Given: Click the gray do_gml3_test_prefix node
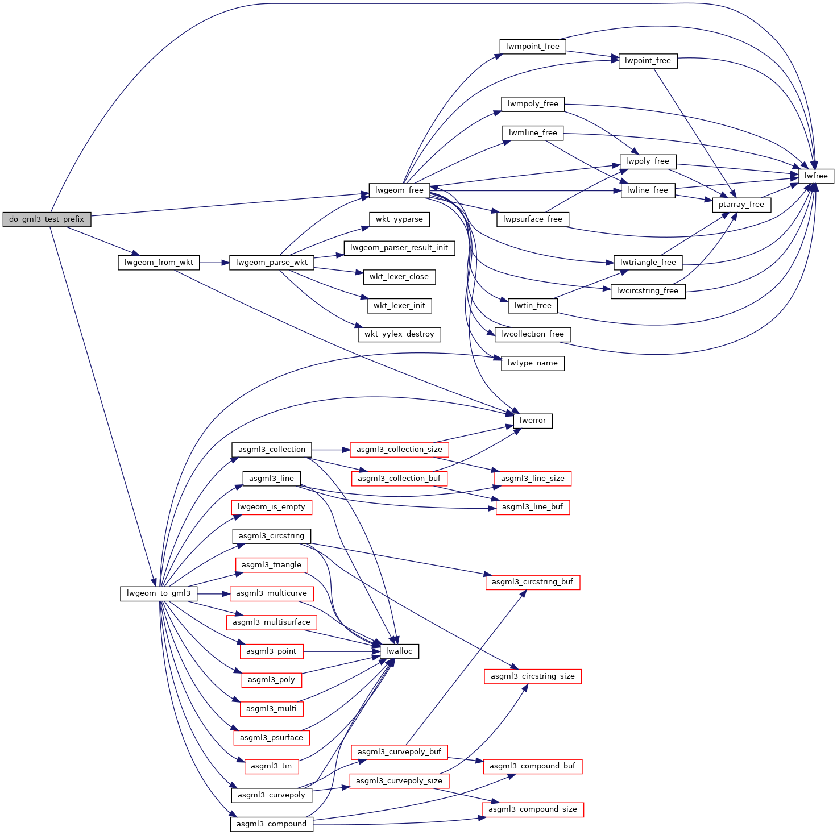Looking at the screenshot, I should coord(47,219).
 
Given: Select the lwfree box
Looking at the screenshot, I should coord(816,176).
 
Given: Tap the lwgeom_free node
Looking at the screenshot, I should coord(399,190).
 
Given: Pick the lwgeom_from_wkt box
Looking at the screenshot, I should coord(159,263).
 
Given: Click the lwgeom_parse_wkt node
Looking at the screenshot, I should coord(272,263).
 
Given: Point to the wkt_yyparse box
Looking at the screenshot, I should coord(399,219).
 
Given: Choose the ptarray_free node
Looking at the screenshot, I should coord(741,205).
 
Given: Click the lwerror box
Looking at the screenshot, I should coord(533,421).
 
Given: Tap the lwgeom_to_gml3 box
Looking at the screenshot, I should coord(159,593).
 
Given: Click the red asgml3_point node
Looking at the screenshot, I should coord(271,651).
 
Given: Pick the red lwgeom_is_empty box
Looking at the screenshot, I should coord(271,507).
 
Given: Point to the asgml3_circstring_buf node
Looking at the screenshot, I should coord(532,582).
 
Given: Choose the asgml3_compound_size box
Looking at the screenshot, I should coord(532,809).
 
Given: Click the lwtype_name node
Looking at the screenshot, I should coord(532,363).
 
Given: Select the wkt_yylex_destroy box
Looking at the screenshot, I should coord(399,334).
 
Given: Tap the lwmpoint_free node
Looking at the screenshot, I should coord(533,47).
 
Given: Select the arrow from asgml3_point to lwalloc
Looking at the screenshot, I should coord(341,651).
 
